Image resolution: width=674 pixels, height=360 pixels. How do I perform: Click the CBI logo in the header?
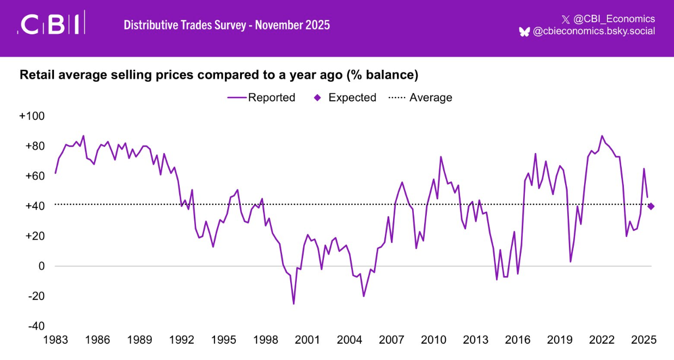pos(51,25)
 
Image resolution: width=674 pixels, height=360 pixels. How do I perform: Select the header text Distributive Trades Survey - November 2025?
pos(226,25)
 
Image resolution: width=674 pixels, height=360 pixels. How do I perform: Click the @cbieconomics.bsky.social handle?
pos(593,32)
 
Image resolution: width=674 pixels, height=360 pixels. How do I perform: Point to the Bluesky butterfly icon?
pos(524,32)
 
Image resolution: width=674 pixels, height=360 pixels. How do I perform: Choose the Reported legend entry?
pos(261,97)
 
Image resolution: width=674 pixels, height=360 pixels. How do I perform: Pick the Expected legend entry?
pos(346,97)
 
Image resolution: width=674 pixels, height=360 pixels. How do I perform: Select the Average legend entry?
pos(420,97)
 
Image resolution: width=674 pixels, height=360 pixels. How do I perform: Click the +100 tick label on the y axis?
pos(32,117)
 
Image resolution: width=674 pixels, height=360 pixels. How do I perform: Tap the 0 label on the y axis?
pos(40,266)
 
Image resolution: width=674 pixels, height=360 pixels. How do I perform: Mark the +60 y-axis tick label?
pos(34,176)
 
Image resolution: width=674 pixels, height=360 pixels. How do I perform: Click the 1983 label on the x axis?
pos(55,340)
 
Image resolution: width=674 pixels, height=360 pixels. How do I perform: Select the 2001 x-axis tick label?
pos(307,340)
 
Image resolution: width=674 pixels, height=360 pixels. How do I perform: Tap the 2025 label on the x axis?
pos(644,340)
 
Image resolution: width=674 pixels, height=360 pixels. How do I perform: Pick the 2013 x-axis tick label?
pos(475,340)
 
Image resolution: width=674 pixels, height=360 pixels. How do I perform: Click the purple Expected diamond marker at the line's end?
pos(651,206)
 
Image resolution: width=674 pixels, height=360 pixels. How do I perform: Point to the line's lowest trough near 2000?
pos(293,303)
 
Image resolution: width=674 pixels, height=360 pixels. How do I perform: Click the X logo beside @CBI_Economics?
pos(565,20)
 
